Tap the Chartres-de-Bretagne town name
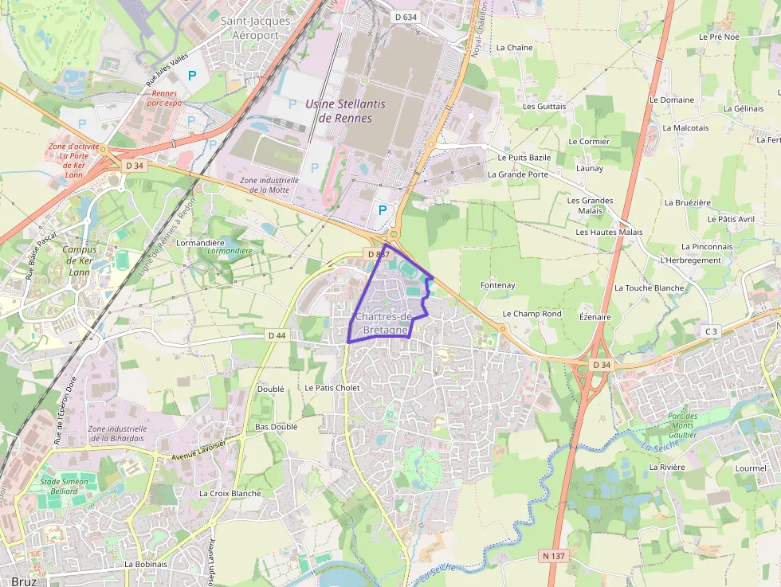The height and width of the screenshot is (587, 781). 384,323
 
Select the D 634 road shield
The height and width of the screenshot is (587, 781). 406,16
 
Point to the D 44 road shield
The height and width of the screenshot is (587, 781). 277,335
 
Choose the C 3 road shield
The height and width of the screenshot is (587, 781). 711,331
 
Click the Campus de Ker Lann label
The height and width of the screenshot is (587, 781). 79,260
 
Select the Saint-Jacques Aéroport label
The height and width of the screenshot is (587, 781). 255,29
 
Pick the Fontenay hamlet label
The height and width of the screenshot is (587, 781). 498,285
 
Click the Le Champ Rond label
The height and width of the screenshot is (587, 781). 532,314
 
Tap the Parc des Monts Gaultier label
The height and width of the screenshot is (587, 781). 682,425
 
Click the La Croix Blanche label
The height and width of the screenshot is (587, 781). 230,493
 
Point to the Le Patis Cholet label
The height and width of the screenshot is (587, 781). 333,388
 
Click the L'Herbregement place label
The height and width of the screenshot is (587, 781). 691,260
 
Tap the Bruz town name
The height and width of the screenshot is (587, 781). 24,581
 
